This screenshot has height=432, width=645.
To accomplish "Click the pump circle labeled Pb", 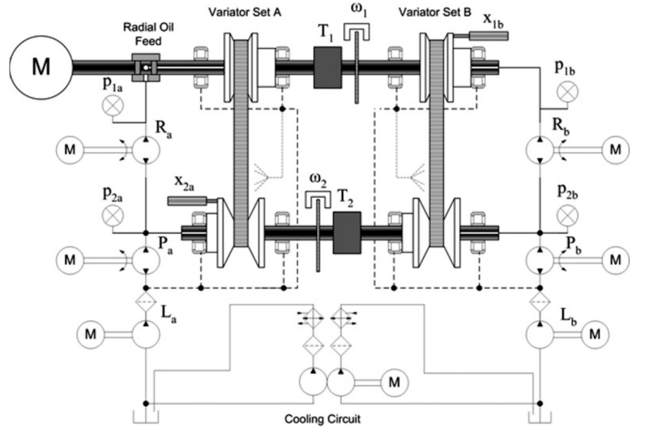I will pyautogui.click(x=540, y=260).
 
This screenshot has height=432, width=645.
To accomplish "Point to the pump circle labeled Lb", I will pyautogui.click(x=540, y=334).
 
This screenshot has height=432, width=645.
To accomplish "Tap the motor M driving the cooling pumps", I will pyautogui.click(x=394, y=383).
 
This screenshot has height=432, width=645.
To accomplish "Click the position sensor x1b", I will pyautogui.click(x=488, y=36).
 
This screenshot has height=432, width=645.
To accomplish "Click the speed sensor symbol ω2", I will pyautogui.click(x=318, y=198).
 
